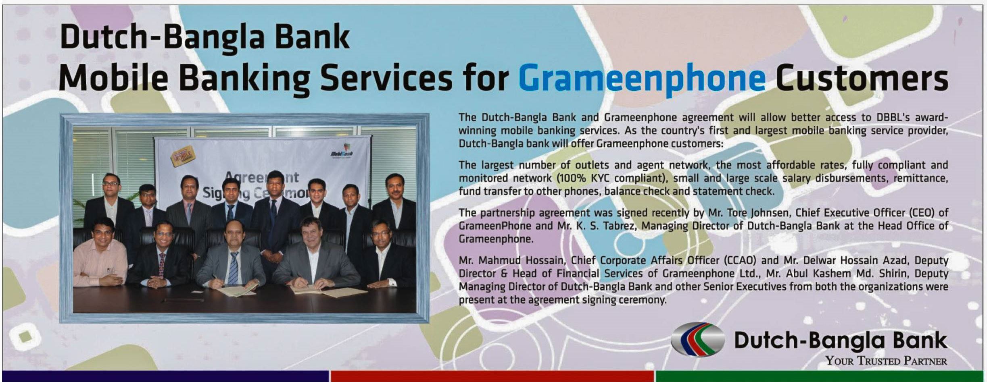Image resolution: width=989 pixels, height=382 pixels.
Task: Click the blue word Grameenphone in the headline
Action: [642, 79]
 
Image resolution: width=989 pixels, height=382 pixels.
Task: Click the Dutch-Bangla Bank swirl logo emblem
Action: [697, 339]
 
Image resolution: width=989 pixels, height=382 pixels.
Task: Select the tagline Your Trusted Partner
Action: [886, 360]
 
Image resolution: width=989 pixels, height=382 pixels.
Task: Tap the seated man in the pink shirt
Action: [100, 253]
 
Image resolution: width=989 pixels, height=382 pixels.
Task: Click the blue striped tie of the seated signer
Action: [234, 268]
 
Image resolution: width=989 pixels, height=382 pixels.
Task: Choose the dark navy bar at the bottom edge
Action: [165, 376]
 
